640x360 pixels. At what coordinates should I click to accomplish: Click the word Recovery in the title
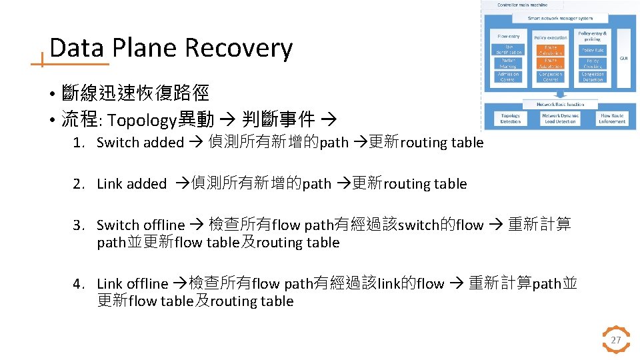coord(238,48)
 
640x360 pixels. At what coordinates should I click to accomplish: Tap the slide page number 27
coord(616,340)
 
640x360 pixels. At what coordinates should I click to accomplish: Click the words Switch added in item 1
coord(140,142)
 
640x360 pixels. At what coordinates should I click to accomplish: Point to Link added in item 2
coord(131,184)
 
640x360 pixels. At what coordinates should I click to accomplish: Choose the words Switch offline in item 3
coord(140,225)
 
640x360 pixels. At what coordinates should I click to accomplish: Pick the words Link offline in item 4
coord(132,284)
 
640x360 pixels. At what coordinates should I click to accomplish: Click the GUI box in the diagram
coord(623,58)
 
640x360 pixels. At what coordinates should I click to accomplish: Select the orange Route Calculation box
coord(550,51)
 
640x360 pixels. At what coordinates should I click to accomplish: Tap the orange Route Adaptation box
coord(550,63)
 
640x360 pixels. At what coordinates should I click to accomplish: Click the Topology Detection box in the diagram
coord(511,119)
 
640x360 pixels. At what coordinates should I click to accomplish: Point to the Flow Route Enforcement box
coord(612,119)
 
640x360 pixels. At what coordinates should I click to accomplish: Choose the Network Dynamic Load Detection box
coord(561,119)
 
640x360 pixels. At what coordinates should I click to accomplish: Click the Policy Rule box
coord(593,51)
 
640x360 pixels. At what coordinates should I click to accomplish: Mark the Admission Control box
coord(509,77)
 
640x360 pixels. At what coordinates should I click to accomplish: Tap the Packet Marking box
coord(509,63)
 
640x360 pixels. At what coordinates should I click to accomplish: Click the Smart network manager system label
coord(559,18)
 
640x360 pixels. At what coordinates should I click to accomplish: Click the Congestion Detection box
coord(593,77)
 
